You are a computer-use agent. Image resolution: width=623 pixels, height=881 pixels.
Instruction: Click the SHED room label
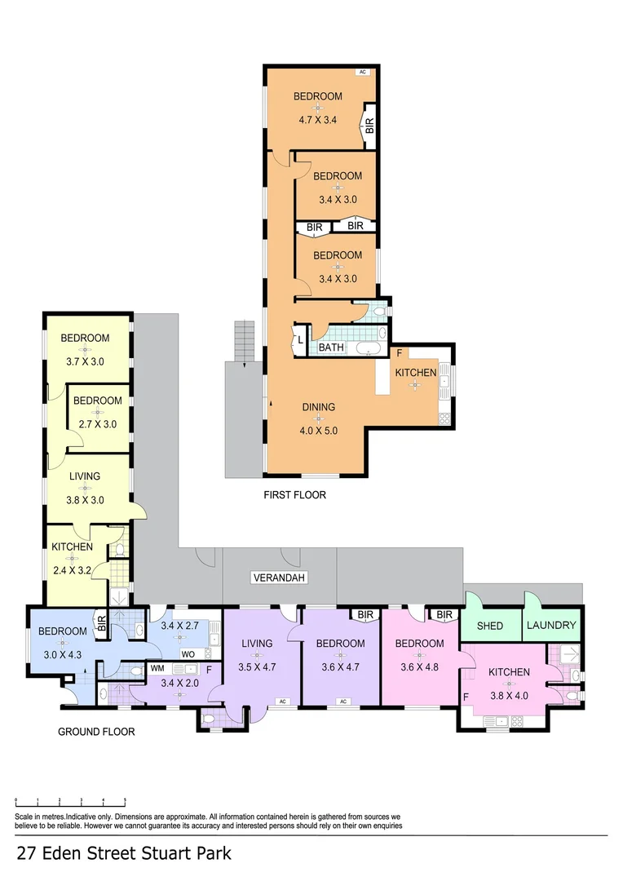[489, 626]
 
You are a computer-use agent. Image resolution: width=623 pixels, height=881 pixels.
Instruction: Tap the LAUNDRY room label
[551, 626]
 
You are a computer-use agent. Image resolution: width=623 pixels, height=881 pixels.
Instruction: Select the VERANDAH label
[278, 578]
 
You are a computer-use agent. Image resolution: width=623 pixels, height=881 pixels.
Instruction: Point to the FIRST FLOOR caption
[294, 494]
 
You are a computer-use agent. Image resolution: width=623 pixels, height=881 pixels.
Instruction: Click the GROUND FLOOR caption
[96, 732]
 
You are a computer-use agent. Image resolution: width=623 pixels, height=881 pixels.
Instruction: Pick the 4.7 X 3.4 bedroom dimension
[317, 120]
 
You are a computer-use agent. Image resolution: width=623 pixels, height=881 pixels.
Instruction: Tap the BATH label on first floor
[331, 348]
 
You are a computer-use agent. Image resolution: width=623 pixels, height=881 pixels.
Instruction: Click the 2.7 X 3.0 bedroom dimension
[97, 424]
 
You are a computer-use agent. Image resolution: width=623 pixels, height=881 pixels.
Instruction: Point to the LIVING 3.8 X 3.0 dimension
[84, 501]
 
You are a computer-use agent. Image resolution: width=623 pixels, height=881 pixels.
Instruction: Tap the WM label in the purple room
[157, 668]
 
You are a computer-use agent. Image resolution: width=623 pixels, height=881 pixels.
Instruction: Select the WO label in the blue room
[188, 654]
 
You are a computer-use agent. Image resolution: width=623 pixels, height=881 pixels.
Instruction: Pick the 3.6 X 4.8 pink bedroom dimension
[419, 666]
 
